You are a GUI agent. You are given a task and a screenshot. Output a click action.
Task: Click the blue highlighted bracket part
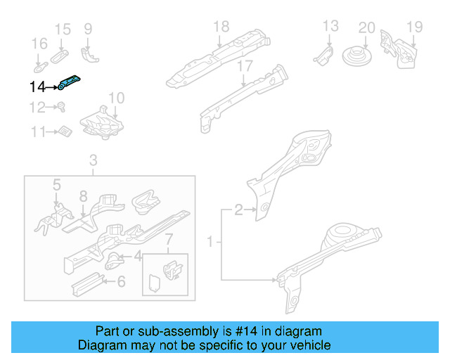[68, 83]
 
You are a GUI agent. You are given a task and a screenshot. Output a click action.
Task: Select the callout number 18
[221, 27]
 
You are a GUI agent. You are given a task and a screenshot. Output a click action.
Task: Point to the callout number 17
[244, 66]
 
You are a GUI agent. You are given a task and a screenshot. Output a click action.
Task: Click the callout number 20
[366, 28]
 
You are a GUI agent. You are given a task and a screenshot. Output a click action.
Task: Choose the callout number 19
[414, 28]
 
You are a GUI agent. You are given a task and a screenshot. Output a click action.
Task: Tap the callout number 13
[330, 27]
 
